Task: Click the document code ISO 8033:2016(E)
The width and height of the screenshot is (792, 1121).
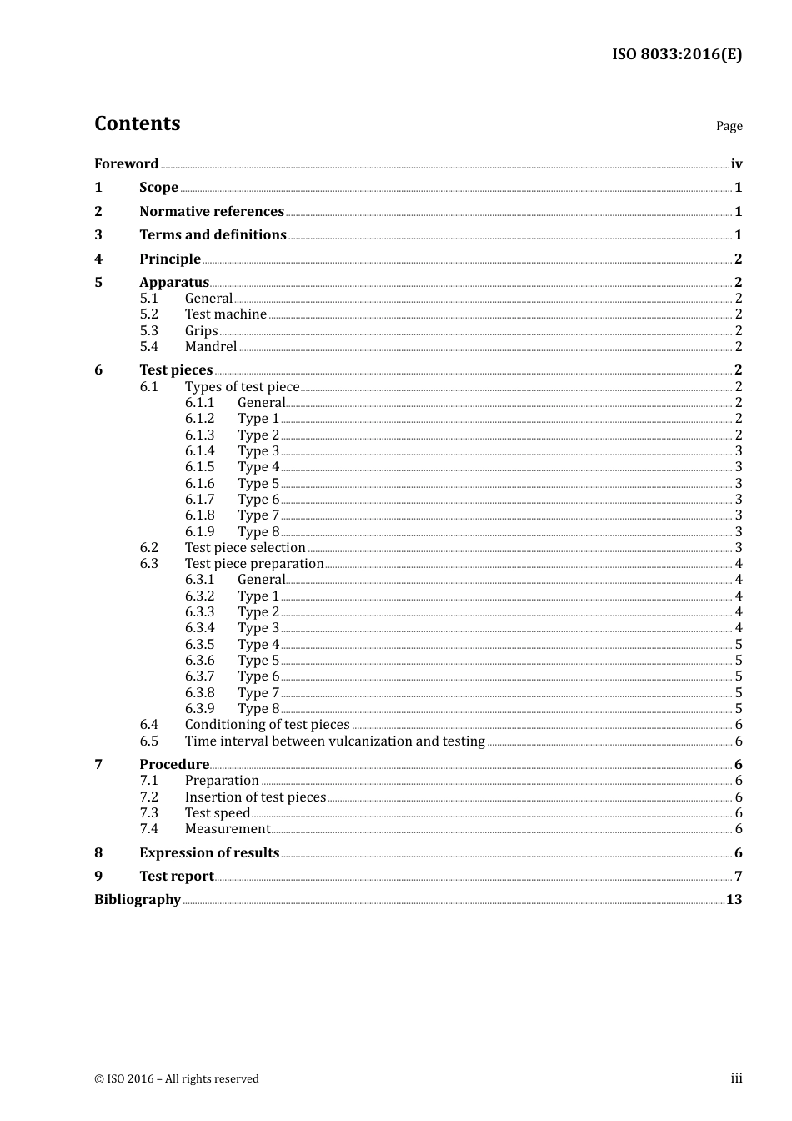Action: [676, 54]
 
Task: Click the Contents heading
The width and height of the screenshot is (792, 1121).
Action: [137, 123]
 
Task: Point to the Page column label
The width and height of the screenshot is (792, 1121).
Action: [729, 126]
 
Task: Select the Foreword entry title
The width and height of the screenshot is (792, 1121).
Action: [126, 163]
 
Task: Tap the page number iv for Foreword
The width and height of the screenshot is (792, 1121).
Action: [736, 164]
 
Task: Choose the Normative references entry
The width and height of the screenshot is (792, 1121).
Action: [212, 211]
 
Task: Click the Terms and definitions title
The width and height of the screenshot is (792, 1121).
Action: [213, 234]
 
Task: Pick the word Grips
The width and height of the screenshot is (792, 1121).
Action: [201, 330]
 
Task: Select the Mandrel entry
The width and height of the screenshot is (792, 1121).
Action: [211, 346]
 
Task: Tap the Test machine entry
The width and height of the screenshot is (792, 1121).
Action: [226, 314]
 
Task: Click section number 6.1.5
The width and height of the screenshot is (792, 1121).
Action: [199, 466]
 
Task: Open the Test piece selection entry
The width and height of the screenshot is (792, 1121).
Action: [245, 547]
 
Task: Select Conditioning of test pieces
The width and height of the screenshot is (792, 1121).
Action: [267, 724]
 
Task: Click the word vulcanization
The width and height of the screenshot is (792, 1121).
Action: [370, 741]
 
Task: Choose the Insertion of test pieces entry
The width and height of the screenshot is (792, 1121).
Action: [255, 797]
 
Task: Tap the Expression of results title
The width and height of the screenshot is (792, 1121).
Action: [209, 852]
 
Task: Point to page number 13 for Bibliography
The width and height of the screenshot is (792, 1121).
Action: [734, 899]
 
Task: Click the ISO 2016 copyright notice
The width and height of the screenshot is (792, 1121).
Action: [177, 1078]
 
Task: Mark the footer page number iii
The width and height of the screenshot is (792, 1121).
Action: [736, 1078]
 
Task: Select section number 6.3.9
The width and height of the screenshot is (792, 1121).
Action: [199, 708]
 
